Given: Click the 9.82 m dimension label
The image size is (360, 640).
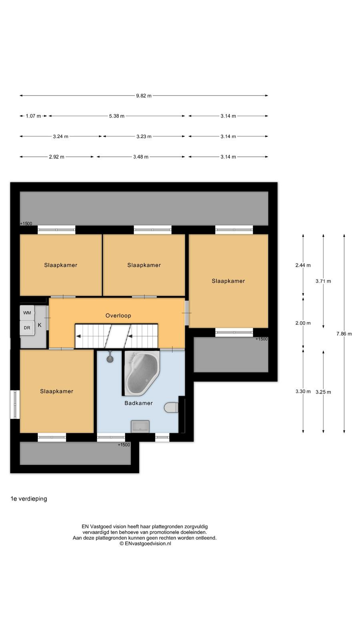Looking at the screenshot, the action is coord(144,96).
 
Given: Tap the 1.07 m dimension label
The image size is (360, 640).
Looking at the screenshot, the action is coord(34,116).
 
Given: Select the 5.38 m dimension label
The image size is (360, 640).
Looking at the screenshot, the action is coord(116,116).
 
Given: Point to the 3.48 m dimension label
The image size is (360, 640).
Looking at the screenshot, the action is coord(140,157).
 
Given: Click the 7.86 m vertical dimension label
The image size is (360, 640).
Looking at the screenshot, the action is coord(344,334).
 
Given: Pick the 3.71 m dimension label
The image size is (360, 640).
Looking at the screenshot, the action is coord(323,281).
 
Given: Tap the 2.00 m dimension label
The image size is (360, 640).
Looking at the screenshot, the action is coord(303,323).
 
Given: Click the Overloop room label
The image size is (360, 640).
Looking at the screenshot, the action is coord(118,316).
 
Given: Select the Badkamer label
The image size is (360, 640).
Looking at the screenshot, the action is coord(138,403).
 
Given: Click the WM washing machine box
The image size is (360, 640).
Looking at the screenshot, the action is coord(27,312).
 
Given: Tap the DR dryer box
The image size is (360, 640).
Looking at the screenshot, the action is coord(27,328).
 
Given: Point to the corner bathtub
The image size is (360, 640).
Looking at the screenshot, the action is coord(142,373).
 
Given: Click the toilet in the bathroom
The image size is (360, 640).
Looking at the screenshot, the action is coord(171,408).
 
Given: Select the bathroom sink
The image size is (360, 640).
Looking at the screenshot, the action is coord(140,426).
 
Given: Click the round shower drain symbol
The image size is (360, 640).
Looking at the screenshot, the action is coord(110,360).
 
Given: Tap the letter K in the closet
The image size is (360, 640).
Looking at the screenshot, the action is coord(40,325).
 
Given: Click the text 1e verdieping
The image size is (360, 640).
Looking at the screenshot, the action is coord(29,499).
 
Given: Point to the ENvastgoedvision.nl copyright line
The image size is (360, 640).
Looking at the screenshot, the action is coord(145,544).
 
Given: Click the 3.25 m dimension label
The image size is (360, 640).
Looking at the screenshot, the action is coord(323,392).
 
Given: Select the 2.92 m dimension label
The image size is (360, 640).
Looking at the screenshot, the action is coord(56,157).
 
